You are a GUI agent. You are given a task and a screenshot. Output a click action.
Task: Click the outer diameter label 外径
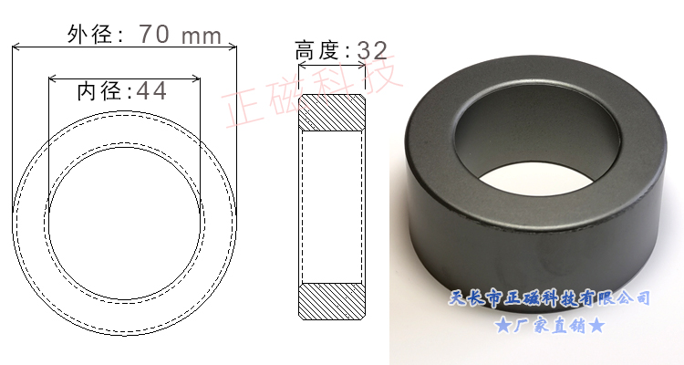click(89, 35)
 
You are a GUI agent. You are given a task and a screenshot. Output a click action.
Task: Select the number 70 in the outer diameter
click(157, 35)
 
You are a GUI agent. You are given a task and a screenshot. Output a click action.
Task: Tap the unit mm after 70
click(202, 36)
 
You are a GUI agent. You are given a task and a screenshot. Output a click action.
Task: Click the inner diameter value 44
click(151, 90)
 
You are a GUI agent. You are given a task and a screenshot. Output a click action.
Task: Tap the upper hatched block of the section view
click(333, 111)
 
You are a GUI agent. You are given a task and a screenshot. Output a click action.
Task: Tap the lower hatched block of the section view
click(333, 301)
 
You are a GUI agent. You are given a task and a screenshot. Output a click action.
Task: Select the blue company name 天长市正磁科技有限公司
click(551, 298)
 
